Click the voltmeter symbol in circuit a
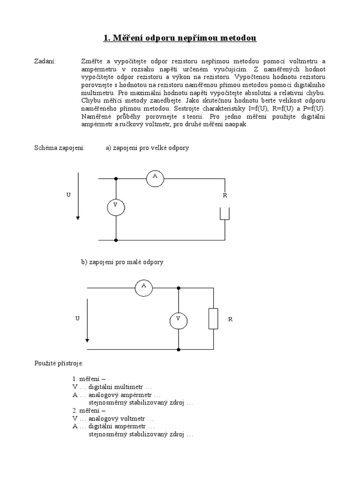pos(115,206)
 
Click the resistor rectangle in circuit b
pos(214,319)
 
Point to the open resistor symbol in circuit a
pos(225,213)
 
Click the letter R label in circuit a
pos(225,195)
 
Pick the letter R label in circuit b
pos(230,319)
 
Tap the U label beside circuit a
pos(68,195)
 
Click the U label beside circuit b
pos(77,319)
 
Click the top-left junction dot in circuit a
pos(116,179)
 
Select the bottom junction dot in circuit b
pos(179,350)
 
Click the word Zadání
pos(45,61)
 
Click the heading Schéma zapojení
pos(59,148)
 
